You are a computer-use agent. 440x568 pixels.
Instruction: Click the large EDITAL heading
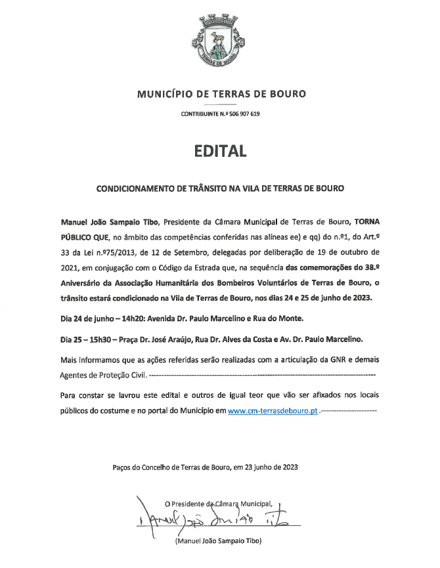220,151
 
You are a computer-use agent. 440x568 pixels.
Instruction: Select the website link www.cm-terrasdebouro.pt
273,410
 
